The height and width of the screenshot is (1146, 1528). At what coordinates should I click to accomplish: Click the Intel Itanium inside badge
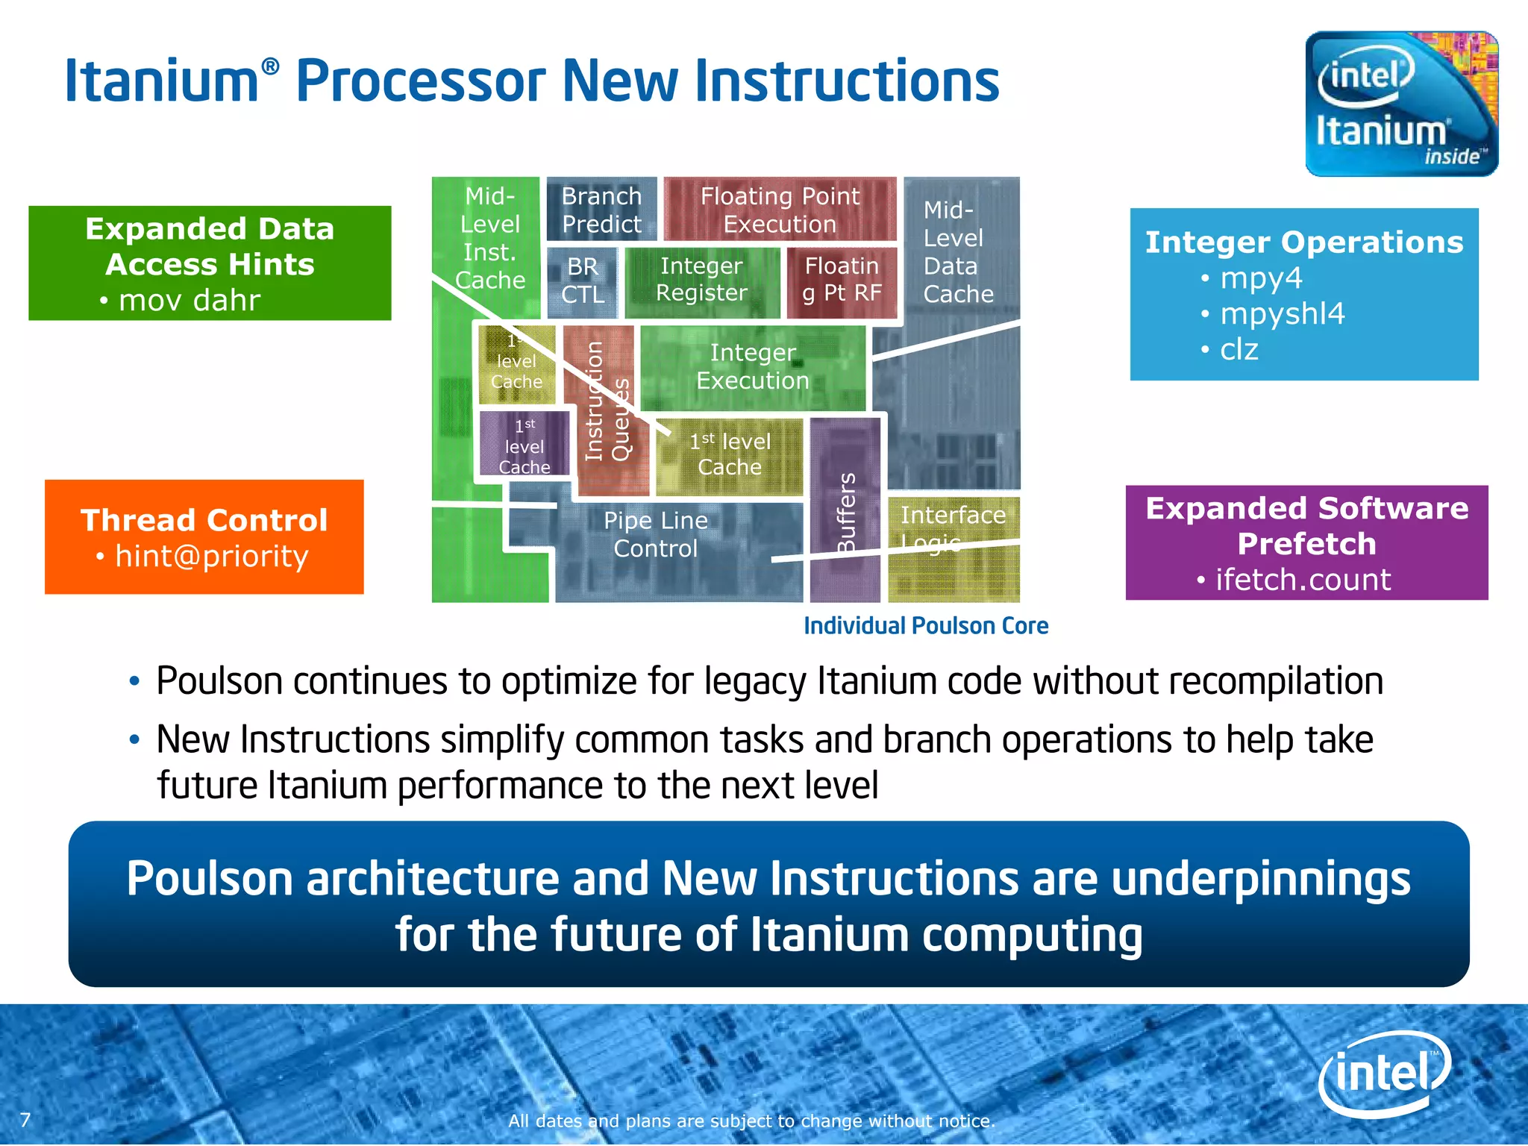(1401, 104)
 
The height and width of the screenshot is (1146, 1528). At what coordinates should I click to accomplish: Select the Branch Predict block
(601, 210)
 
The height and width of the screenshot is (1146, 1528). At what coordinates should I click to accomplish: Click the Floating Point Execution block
(780, 210)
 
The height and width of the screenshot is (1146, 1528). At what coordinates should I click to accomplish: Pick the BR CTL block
(583, 281)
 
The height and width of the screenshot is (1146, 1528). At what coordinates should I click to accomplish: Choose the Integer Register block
(701, 280)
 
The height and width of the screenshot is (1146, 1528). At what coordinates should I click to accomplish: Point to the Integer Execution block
(753, 366)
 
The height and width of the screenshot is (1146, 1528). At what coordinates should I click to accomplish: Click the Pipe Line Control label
(656, 534)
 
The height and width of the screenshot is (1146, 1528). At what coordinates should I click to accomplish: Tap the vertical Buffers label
(846, 513)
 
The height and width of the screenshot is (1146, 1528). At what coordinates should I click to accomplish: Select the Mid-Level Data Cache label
(958, 252)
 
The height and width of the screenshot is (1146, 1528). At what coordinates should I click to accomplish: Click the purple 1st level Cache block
(525, 445)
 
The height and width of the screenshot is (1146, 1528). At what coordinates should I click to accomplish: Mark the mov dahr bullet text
(189, 300)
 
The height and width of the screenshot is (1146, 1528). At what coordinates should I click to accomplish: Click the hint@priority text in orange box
(211, 556)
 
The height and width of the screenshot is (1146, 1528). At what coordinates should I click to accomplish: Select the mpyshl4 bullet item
(1282, 313)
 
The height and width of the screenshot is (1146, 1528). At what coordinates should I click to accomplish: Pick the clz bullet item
(1239, 349)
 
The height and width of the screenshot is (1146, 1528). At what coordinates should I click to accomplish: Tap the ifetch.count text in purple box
(1303, 580)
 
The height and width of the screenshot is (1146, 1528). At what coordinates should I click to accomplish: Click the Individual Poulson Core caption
(926, 625)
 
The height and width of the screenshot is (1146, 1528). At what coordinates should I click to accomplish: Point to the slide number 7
(25, 1120)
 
